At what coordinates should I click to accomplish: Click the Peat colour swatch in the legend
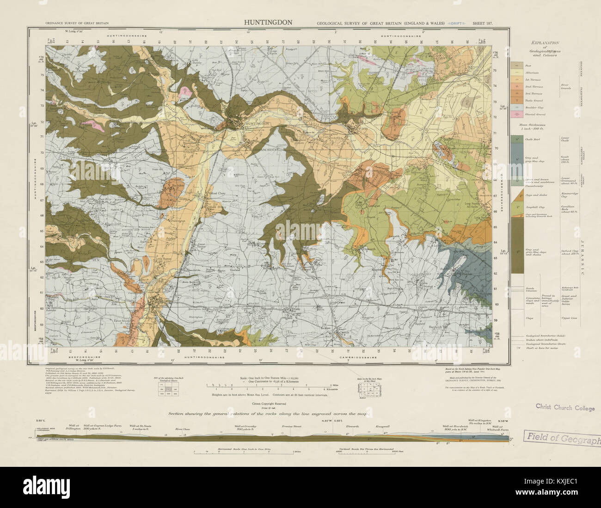[515, 66]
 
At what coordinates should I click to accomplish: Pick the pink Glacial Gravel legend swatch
[515, 114]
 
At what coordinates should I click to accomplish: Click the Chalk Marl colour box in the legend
[515, 138]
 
